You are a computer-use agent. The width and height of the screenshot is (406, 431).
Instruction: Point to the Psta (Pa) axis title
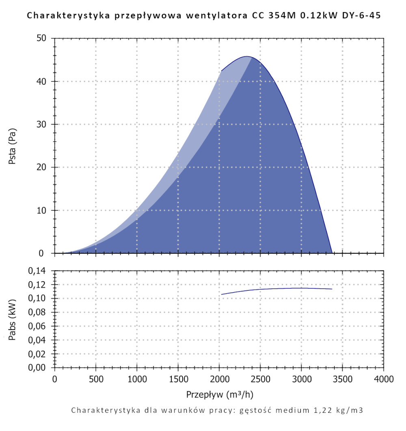(x=12, y=146)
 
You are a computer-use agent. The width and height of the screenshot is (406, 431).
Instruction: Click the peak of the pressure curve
(x=246, y=56)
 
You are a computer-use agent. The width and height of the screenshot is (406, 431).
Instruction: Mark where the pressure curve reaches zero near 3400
(x=332, y=253)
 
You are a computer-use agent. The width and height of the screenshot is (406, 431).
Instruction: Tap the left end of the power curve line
(x=222, y=294)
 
